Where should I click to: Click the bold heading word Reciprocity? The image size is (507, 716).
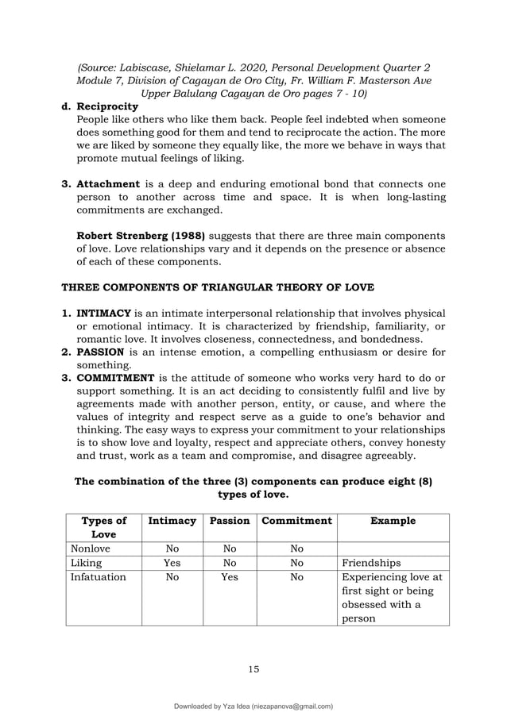click(106, 106)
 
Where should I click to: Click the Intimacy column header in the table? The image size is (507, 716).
click(172, 521)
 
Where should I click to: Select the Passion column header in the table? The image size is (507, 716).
click(229, 521)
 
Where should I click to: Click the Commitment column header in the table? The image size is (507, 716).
click(296, 521)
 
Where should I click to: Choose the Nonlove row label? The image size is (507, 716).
click(91, 548)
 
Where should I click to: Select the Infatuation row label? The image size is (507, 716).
click(98, 578)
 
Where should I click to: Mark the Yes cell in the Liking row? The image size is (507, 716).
click(172, 563)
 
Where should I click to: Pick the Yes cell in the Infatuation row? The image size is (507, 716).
click(229, 578)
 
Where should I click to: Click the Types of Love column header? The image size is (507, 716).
click(104, 528)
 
